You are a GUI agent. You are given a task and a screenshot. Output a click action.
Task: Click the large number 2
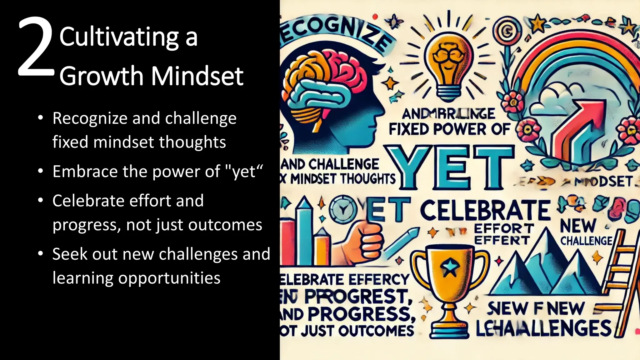point(35,47)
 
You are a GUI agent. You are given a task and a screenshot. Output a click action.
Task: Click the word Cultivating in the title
point(119,37)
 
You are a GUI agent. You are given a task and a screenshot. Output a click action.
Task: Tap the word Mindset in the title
point(197,76)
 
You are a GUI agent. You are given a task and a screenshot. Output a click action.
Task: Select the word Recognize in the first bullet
point(89,119)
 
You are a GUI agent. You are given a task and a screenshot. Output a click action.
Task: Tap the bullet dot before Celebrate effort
point(40,200)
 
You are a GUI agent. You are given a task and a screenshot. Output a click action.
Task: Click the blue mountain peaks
point(544,269)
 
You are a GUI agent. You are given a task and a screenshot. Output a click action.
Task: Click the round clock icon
point(343,210)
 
